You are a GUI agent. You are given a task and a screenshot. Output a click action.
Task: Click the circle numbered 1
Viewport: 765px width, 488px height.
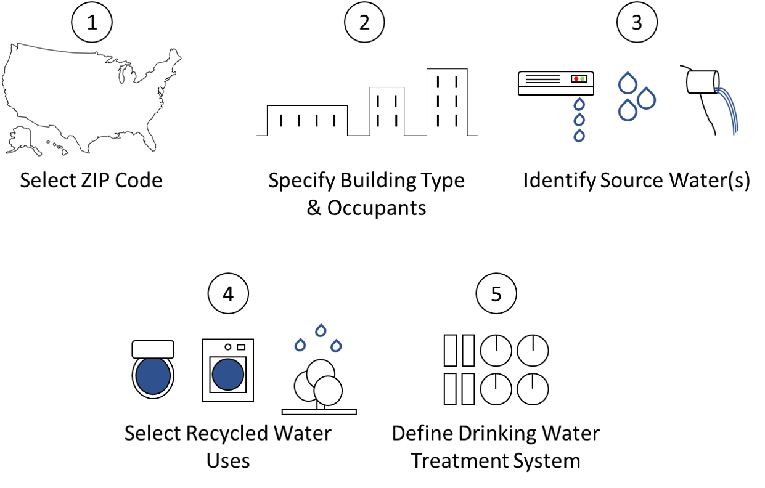92,22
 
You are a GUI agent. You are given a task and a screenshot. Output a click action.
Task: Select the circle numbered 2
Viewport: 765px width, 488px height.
364,22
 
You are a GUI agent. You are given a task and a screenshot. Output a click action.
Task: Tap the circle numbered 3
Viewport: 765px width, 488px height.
637,22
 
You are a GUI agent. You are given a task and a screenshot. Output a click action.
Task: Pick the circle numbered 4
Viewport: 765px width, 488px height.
228,293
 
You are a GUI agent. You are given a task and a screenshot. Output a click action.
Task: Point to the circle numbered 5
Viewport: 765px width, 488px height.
496,293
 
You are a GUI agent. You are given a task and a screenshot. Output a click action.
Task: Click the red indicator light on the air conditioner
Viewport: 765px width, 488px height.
576,79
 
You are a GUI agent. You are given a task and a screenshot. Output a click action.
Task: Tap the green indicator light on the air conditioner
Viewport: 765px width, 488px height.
583,79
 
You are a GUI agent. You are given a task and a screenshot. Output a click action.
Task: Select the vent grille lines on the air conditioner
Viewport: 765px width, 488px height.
542,79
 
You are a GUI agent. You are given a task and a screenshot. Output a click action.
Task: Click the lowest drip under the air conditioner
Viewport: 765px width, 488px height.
579,136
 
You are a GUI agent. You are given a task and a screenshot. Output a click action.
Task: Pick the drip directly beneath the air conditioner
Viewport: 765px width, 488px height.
579,104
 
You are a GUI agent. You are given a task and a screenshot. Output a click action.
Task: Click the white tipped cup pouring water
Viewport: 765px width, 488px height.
702,82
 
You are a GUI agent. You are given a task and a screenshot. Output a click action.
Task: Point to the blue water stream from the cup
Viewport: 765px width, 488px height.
730,111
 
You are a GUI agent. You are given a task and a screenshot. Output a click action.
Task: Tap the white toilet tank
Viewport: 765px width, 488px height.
153,349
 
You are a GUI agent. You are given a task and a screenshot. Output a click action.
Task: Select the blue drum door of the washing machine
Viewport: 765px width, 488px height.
227,375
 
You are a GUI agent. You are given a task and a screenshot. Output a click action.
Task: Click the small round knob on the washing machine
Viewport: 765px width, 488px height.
228,347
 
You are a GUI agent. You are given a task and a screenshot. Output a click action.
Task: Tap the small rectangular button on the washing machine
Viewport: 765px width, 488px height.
241,347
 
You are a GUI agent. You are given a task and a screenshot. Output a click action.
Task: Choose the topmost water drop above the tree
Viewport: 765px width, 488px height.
321,330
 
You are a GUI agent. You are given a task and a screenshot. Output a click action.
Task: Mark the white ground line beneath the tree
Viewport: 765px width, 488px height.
319,412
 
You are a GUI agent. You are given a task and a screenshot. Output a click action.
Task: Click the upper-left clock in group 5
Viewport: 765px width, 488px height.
496,351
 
